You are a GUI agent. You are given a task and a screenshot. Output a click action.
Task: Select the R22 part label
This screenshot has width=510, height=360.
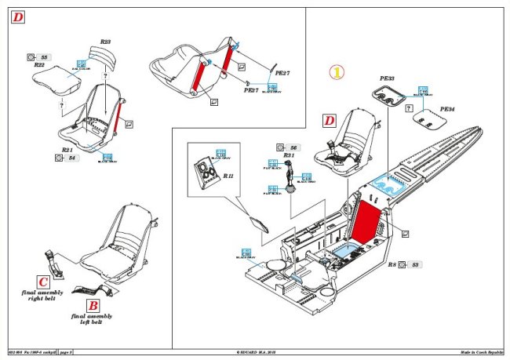39,66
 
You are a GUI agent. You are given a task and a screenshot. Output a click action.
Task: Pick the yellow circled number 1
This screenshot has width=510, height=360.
335,72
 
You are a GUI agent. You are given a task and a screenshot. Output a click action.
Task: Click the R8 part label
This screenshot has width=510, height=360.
392,266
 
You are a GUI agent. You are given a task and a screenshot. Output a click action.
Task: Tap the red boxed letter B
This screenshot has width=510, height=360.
92,305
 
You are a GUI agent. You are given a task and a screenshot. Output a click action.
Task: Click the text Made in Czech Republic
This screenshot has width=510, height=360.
481,354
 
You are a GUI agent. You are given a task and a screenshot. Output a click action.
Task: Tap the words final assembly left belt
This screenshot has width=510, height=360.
92,318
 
